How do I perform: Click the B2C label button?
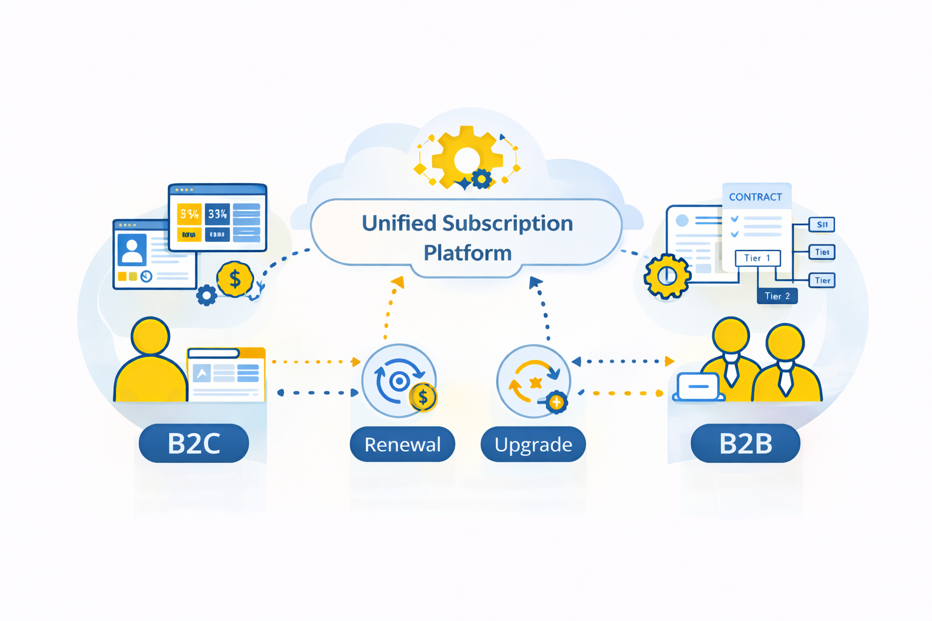[194, 443]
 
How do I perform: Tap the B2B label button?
[745, 443]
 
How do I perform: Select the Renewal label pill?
[402, 445]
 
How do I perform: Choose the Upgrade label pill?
[533, 445]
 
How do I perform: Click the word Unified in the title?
[399, 223]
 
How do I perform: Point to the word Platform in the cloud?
[467, 252]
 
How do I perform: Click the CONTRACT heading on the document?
[755, 197]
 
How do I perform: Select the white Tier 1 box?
[757, 258]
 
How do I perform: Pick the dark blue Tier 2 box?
[777, 296]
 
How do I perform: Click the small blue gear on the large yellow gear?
[482, 179]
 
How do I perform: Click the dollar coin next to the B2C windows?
[235, 279]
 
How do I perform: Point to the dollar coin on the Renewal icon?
[423, 398]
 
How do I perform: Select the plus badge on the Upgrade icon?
[556, 402]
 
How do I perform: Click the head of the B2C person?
[150, 335]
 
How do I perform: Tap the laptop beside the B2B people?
[698, 387]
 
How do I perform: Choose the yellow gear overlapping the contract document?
[667, 277]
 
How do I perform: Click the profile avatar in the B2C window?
[132, 249]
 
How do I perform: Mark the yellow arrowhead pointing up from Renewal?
[398, 281]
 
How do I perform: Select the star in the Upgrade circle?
[535, 383]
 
